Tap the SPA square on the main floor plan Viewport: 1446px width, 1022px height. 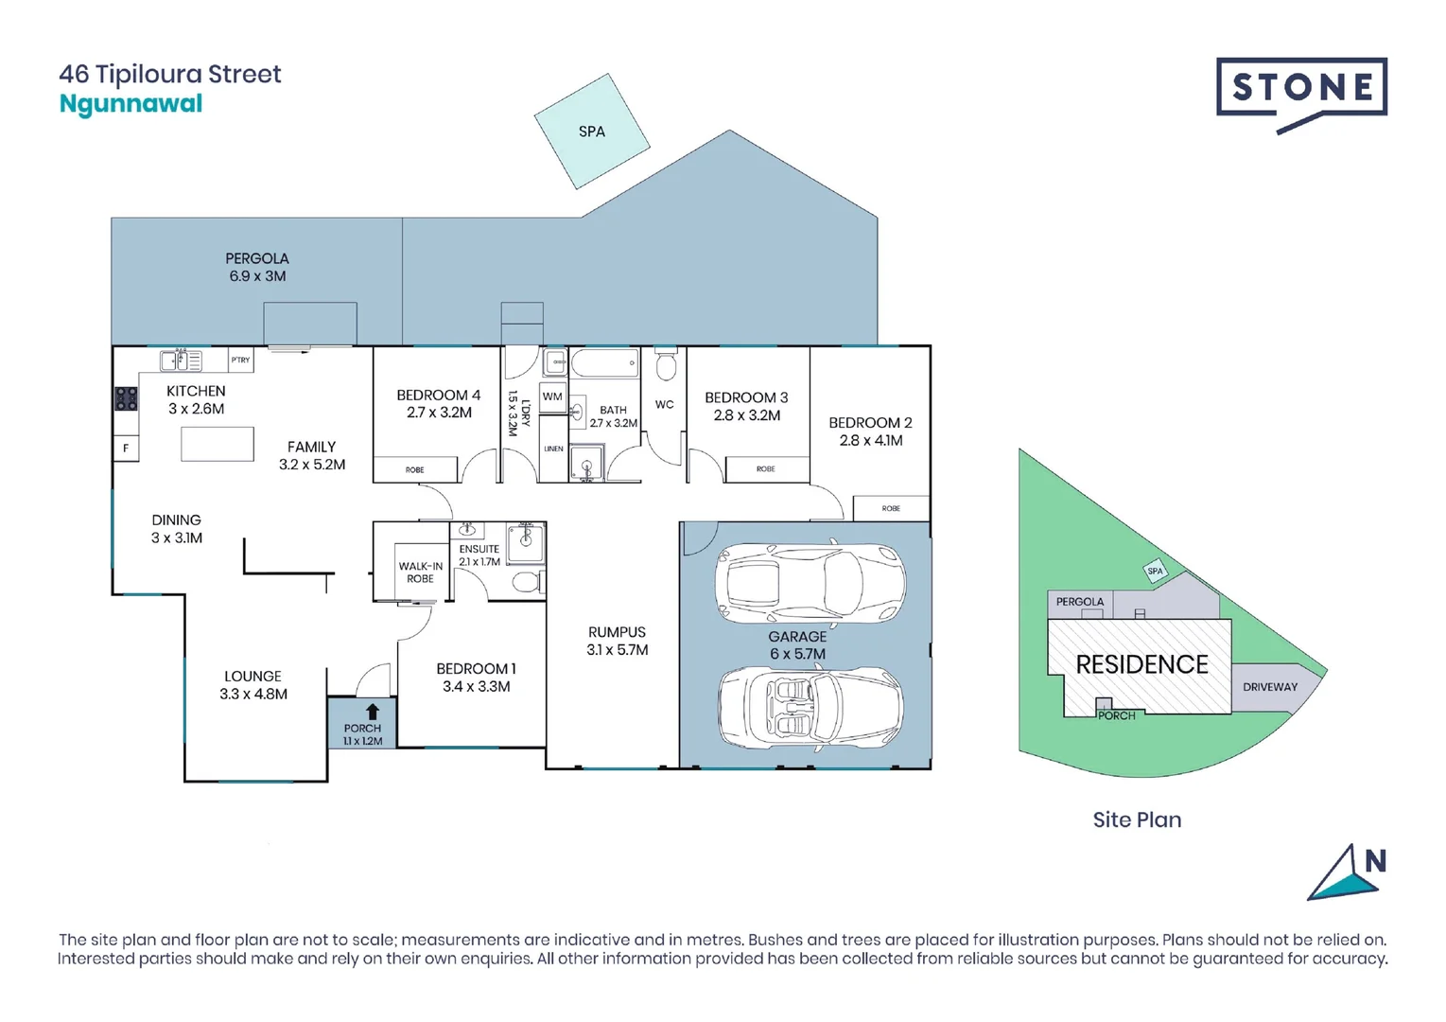tap(592, 132)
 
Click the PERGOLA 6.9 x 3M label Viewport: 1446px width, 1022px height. tap(256, 267)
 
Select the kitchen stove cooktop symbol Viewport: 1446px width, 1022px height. tap(127, 398)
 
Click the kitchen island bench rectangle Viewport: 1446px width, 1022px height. tap(218, 444)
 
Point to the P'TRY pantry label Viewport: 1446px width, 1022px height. tap(241, 360)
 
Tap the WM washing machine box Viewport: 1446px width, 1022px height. tap(552, 396)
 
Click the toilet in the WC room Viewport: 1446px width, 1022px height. tap(666, 364)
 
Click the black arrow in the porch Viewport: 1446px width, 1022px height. tap(373, 712)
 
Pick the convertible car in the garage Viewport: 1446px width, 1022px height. tap(810, 706)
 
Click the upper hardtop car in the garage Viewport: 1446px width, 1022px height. tap(810, 583)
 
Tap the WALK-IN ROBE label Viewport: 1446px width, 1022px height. tap(420, 573)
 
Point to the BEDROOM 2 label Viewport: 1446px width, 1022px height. tap(870, 432)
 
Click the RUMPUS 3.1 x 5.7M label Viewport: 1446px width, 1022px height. tap(617, 641)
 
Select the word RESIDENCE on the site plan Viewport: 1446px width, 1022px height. tap(1141, 664)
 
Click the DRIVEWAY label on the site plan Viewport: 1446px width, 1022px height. tap(1270, 687)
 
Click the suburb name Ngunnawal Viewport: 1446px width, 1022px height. tap(131, 104)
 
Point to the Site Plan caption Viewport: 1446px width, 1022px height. tap(1137, 819)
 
